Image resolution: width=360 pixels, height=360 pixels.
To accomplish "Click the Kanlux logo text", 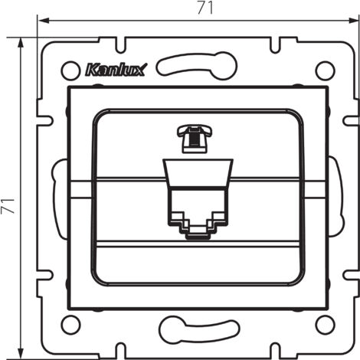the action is click(x=116, y=70).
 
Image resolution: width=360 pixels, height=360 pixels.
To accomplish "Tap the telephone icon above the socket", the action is click(x=195, y=139).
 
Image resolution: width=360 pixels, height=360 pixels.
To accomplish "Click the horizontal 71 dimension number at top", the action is click(x=205, y=8).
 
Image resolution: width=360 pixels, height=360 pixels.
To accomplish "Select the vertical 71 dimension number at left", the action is click(x=8, y=205).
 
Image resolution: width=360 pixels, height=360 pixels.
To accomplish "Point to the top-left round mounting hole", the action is click(x=70, y=70).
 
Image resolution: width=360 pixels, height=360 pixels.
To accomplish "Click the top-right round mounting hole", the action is click(x=325, y=70).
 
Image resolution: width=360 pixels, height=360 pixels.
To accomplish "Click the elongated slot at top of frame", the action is click(x=197, y=65).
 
